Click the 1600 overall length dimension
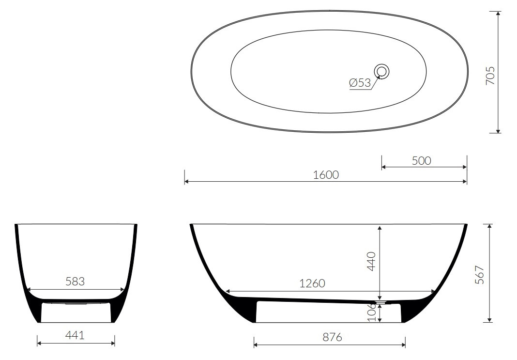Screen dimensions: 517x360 [x=326, y=175]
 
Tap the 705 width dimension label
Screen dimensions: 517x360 [x=490, y=76]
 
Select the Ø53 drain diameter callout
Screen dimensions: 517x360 [x=360, y=83]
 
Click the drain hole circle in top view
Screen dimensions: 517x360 [x=382, y=72]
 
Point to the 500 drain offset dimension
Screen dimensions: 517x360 [x=421, y=161]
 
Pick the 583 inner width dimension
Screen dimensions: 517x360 [x=75, y=282]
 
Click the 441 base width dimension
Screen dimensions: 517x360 [x=75, y=336]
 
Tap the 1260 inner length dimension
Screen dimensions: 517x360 [x=312, y=283]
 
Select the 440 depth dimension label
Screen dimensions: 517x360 [x=372, y=261]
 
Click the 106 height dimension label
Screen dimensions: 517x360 [x=372, y=312]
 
